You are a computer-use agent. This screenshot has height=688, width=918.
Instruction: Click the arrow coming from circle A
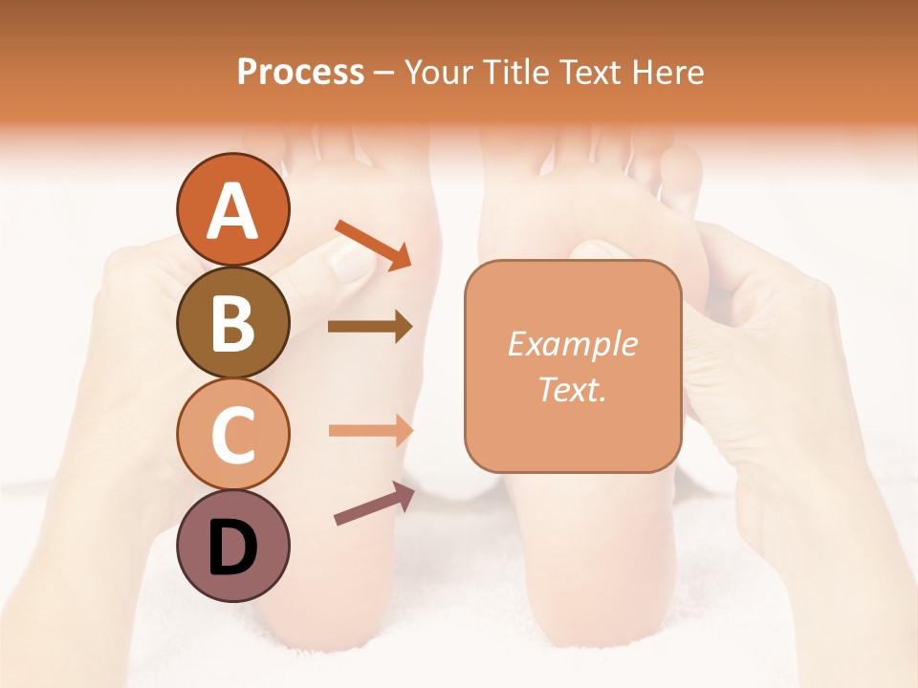(373, 243)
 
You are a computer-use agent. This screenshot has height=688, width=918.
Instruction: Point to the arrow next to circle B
(370, 327)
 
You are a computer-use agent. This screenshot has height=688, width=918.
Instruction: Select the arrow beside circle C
(370, 430)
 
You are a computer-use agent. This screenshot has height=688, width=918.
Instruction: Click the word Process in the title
(300, 72)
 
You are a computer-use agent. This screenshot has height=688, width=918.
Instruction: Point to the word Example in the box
(572, 344)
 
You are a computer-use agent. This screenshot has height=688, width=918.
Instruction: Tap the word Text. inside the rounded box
(572, 389)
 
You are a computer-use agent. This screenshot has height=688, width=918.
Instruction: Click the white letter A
(232, 211)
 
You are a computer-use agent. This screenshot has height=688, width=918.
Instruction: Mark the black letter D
(232, 548)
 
